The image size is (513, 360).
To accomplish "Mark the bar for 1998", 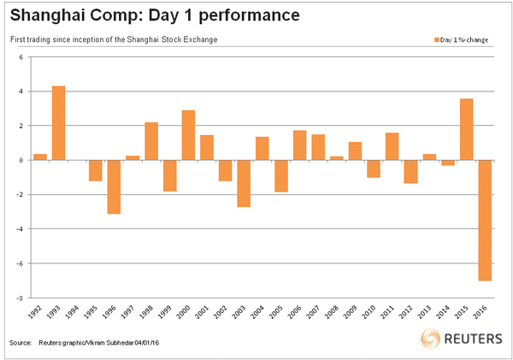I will pos(151,141).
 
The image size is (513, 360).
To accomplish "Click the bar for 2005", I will pos(280,175).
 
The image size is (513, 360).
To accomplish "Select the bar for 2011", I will pos(392,146).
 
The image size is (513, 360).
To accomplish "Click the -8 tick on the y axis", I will pos(22,298).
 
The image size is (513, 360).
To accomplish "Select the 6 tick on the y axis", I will pos(22,57).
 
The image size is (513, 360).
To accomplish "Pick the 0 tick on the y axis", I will pos(22,160).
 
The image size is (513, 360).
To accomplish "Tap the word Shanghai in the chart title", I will pos(49,16).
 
